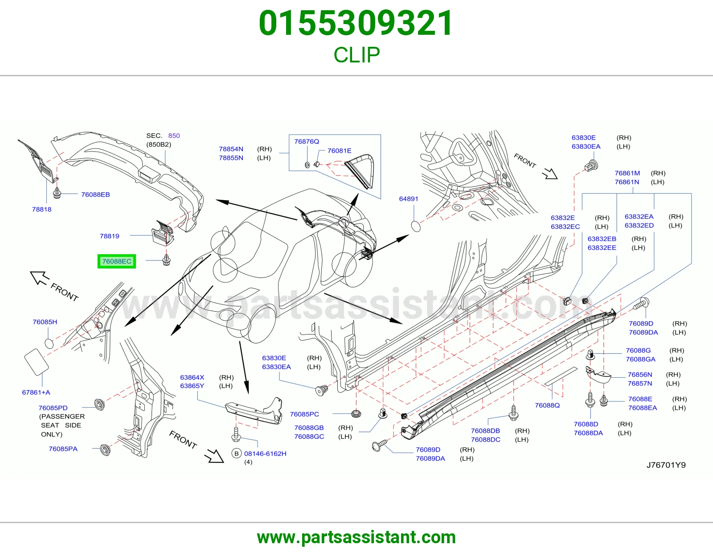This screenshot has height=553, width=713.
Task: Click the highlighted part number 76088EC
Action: pos(116,261)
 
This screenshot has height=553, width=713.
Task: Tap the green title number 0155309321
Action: pos(356,23)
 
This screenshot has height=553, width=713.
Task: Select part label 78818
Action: pos(42,209)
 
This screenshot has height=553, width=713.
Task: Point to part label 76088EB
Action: pos(95,194)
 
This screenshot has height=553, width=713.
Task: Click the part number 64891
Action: pos(409,198)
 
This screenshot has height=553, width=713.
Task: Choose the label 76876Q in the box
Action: pos(307,141)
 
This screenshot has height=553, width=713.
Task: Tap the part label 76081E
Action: pos(339,150)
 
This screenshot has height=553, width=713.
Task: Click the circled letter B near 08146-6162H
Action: pos(236,454)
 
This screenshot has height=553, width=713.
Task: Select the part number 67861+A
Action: pos(36,392)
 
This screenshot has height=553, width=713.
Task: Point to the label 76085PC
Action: pos(304,414)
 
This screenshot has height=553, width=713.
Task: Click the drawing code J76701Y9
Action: pos(666,465)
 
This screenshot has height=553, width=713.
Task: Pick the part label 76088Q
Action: pos(547,405)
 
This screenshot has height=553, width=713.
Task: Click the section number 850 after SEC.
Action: pos(174,136)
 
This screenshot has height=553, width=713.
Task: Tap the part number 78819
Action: pos(109,236)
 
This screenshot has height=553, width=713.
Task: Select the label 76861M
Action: pos(627,173)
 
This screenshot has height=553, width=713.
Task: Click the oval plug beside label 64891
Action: pos(416,226)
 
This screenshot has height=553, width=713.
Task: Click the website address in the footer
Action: pos(356,537)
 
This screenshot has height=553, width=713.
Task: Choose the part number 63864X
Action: pos(192,377)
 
